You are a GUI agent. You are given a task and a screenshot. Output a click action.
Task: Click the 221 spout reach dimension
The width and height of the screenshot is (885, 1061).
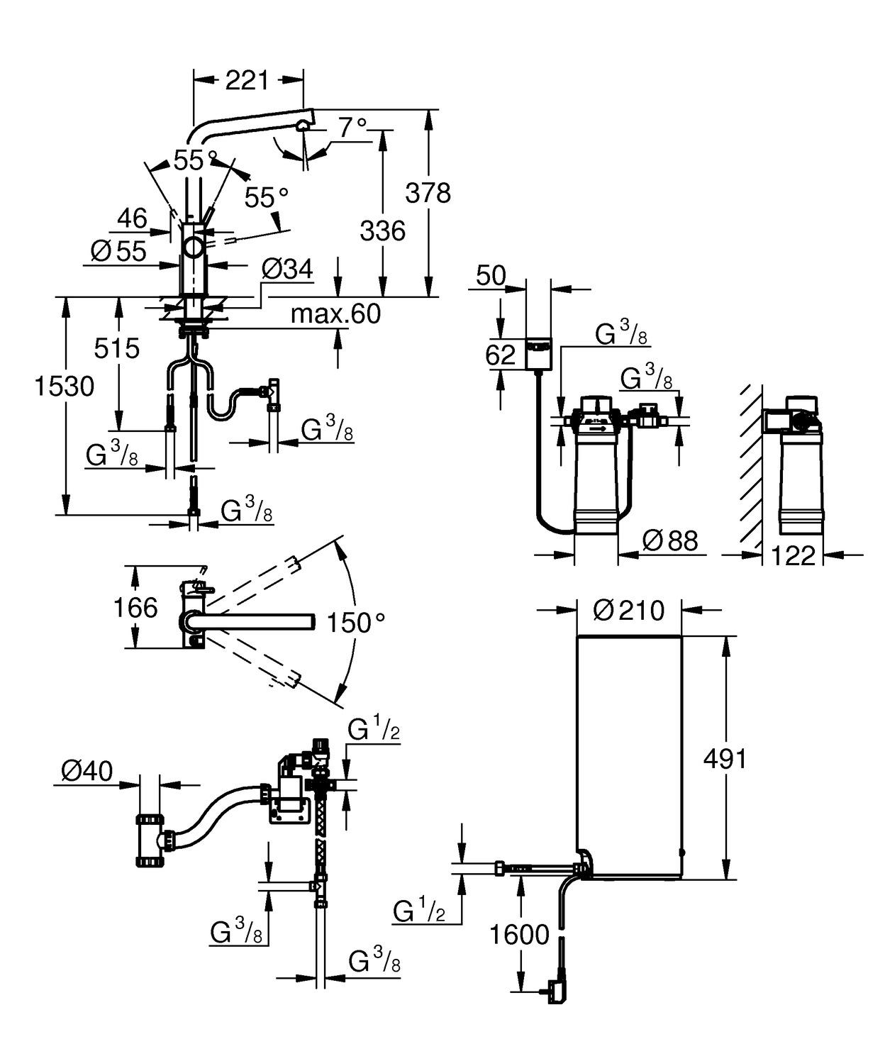pos(247,80)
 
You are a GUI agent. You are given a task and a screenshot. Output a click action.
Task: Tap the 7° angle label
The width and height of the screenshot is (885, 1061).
pos(352,128)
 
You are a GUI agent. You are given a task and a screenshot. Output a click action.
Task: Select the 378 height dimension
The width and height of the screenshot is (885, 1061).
pos(428,192)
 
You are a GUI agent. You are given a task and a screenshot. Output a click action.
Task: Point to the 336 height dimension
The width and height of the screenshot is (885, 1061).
pos(382,230)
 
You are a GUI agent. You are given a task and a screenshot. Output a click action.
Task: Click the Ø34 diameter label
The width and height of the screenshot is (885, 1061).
pos(286,269)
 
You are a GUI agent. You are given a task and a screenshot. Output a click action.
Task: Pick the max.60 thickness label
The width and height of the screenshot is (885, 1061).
pos(335,313)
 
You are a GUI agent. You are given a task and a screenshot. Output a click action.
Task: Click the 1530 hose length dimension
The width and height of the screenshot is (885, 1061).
pos(65,387)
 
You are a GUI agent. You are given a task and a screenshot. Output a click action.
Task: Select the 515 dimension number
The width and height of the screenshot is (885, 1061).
pos(118,348)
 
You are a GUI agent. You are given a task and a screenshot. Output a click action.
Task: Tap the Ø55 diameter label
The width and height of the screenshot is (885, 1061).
pos(118,251)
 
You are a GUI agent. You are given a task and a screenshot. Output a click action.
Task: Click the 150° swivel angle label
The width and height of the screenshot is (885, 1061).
pos(355,623)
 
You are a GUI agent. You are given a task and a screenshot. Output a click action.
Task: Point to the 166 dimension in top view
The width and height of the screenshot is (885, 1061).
pos(135,608)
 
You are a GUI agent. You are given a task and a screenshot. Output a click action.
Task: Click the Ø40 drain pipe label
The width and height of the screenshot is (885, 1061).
pos(87,771)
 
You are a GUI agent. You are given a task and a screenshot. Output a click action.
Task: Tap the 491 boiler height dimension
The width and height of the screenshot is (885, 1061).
pos(725,759)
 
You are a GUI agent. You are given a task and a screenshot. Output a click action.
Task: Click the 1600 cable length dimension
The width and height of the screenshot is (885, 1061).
pos(520,935)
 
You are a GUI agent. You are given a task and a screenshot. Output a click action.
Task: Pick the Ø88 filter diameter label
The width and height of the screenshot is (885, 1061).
pos(669,541)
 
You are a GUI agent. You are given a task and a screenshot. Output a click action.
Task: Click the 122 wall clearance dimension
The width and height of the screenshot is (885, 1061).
pos(792,555)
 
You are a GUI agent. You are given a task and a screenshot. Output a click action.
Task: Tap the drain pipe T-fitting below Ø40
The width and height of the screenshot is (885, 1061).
pos(151,840)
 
